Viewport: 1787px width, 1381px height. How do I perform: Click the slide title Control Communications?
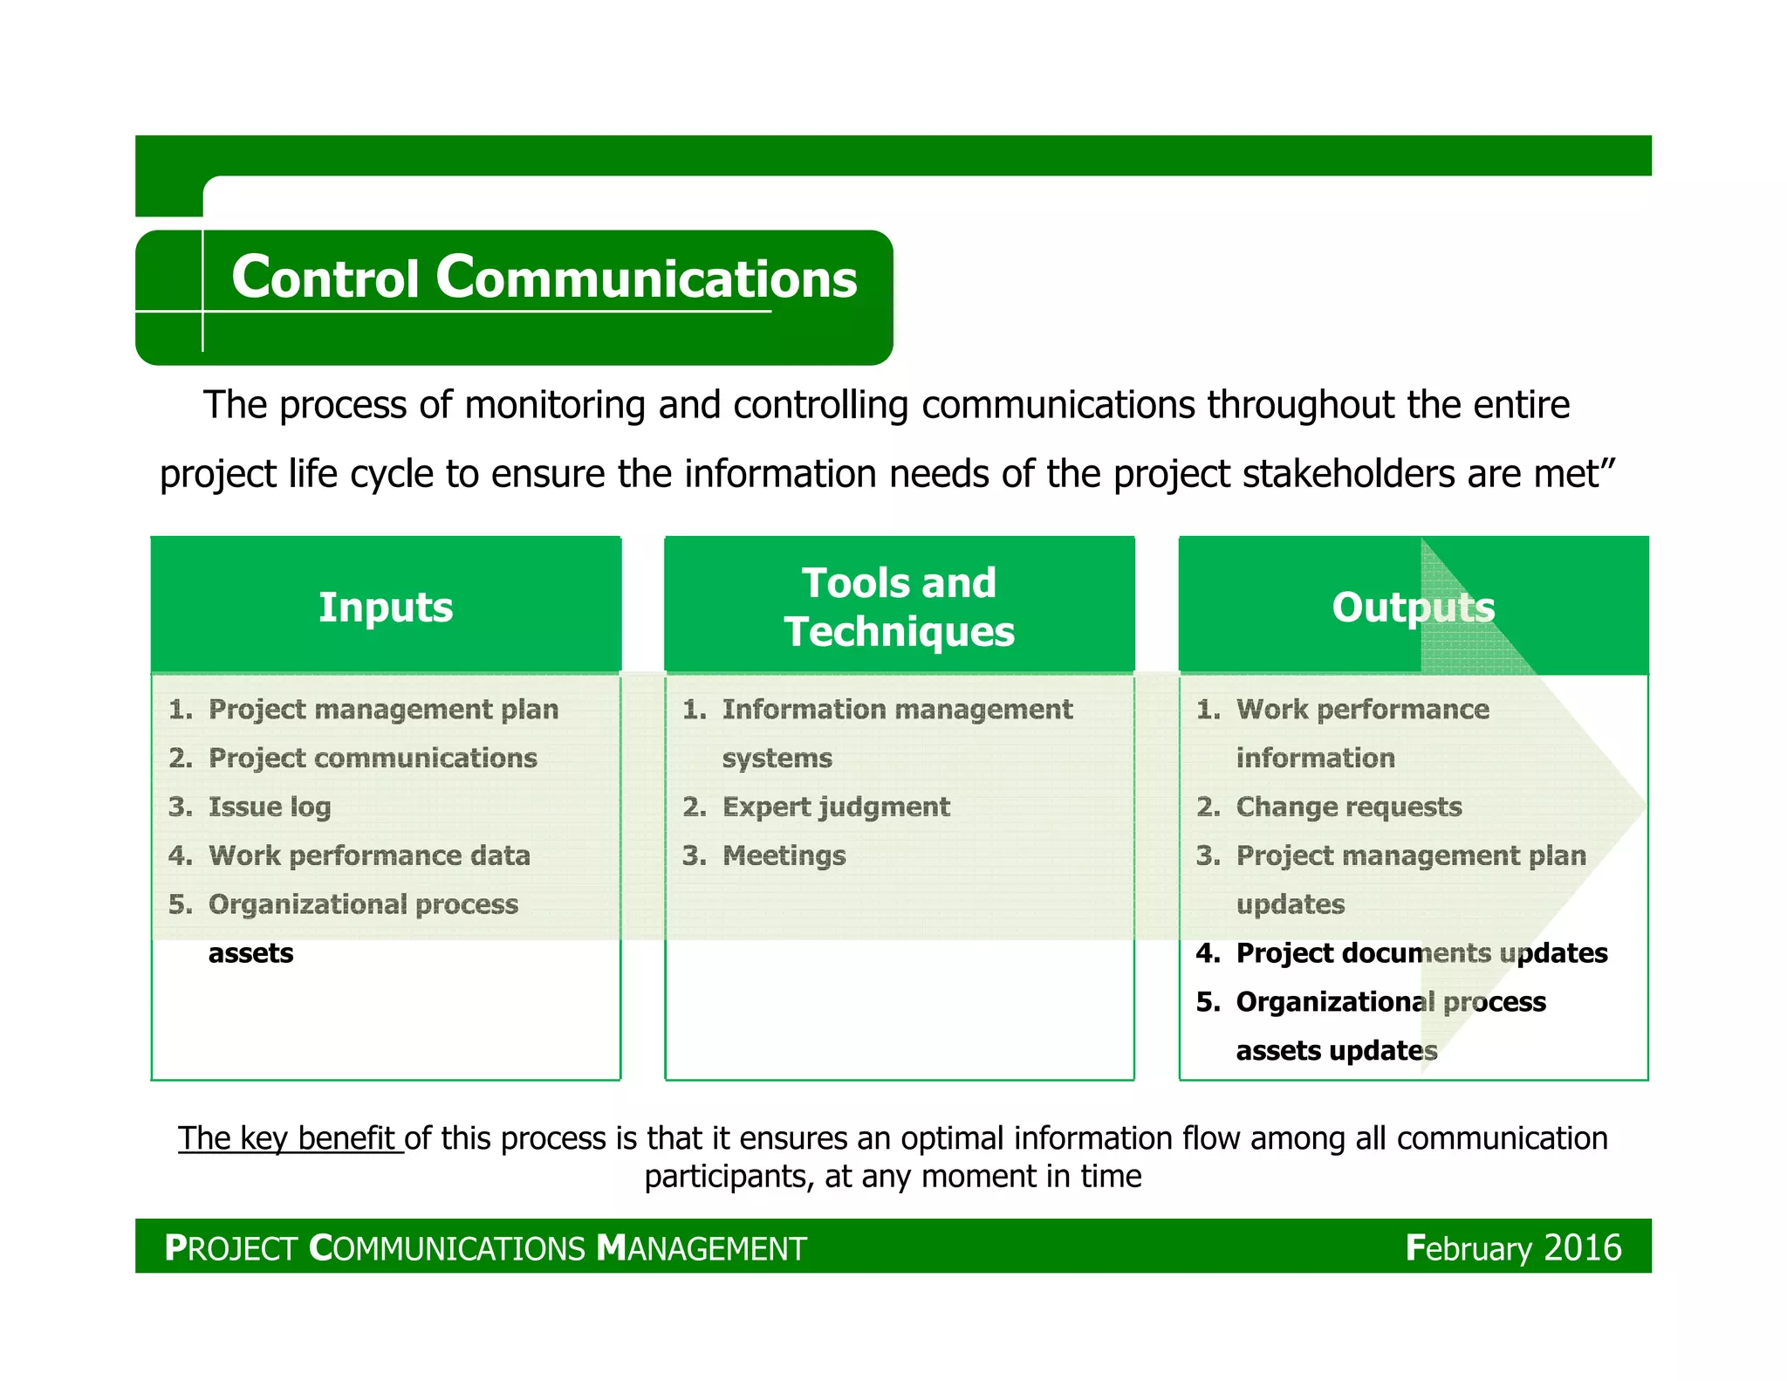544,278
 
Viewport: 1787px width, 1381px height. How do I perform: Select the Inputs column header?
386,607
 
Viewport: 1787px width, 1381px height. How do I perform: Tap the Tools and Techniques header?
899,607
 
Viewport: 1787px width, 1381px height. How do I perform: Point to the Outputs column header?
1413,607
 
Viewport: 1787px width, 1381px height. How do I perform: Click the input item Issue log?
270,807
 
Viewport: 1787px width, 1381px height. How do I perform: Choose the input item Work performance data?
369,855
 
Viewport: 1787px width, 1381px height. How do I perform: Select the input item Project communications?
373,758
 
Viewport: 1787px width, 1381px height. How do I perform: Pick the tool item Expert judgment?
836,807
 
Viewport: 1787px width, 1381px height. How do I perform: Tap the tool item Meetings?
784,855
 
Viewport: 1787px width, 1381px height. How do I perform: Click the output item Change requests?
1349,807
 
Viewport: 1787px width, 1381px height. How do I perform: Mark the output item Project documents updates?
1421,952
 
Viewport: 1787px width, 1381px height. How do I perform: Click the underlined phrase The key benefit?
289,1138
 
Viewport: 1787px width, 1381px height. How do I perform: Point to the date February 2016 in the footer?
1513,1247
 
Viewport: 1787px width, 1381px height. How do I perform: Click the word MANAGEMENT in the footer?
702,1248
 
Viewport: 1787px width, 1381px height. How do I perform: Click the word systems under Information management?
777,758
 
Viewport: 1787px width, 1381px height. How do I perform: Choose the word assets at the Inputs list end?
250,953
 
